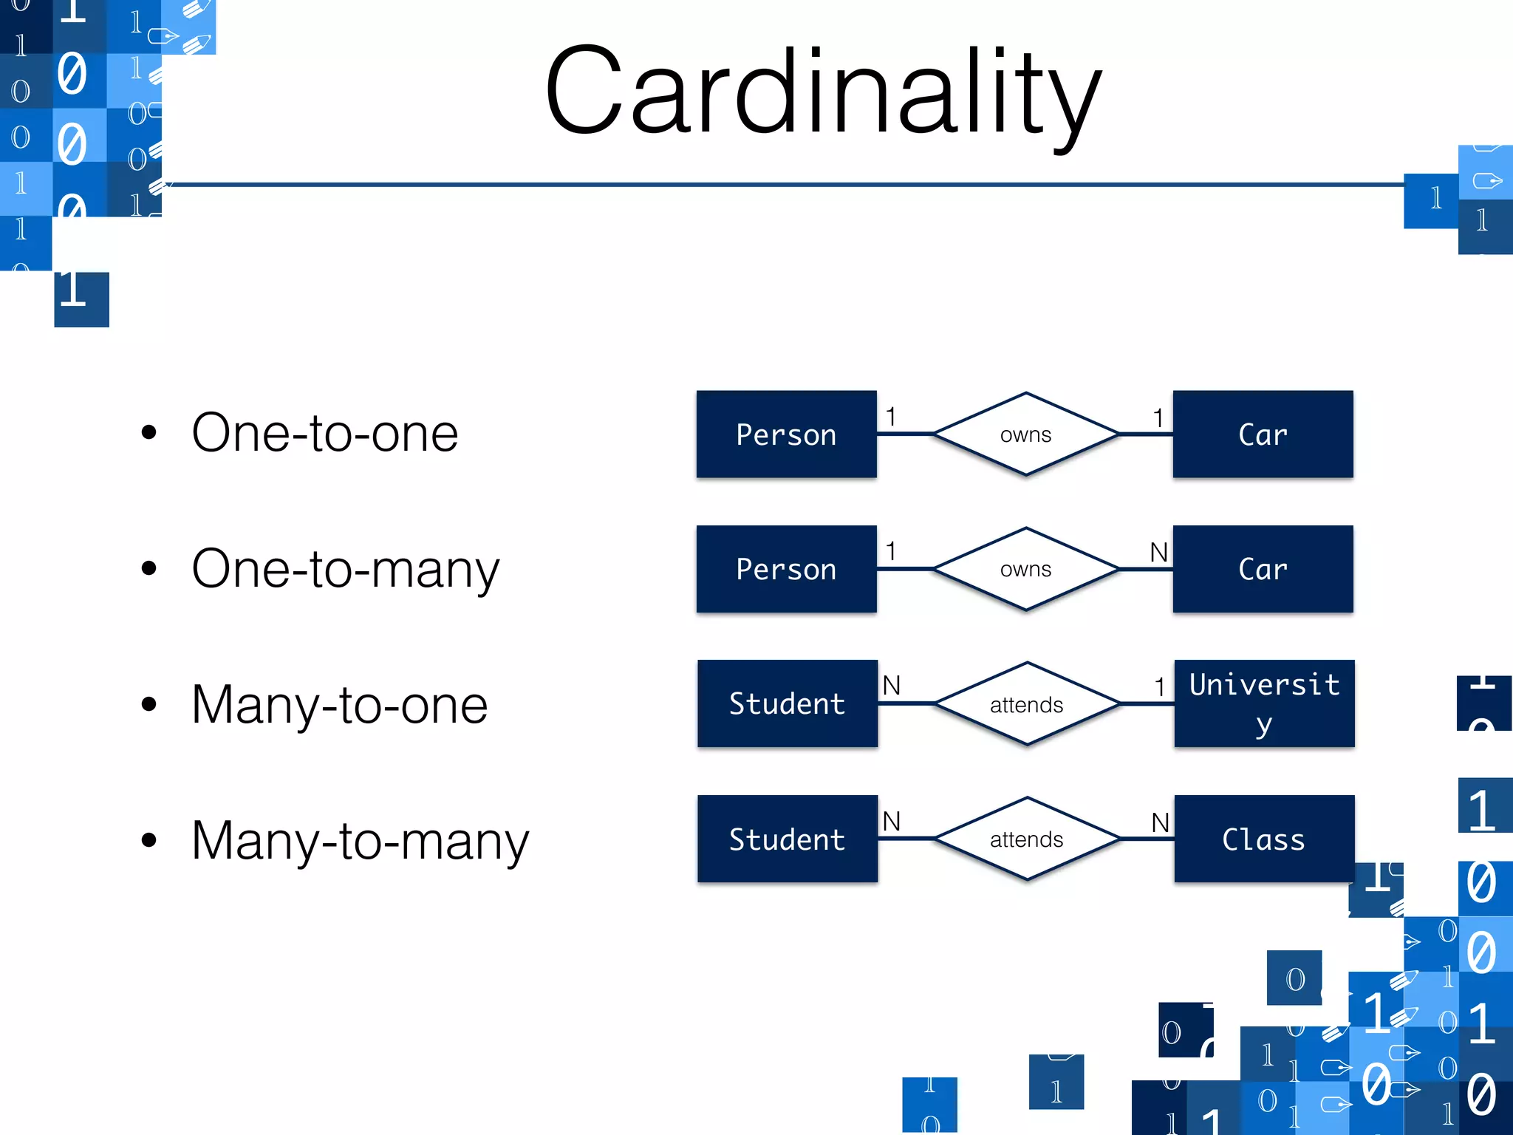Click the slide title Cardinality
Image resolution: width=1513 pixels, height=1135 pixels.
point(822,92)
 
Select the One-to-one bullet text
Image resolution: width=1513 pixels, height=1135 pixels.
point(324,433)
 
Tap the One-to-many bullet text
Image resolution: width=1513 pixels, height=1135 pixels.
point(345,569)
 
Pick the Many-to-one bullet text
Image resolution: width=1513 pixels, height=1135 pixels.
point(339,705)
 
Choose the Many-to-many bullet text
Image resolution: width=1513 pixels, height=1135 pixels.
point(360,841)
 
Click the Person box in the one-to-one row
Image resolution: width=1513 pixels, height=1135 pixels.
point(786,434)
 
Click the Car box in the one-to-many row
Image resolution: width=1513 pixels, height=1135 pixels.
point(1263,569)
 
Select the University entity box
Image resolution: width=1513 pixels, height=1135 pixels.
point(1264,703)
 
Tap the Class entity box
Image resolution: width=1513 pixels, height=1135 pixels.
point(1264,839)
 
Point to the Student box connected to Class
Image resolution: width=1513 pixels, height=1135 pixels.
point(788,839)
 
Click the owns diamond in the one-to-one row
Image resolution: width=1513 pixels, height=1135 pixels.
point(1025,434)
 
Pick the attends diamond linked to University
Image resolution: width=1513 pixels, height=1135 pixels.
point(1026,704)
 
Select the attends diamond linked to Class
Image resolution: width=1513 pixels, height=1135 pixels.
point(1026,839)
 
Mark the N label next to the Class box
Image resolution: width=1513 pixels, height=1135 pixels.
point(1160,822)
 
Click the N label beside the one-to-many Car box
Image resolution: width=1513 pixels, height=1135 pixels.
point(1158,552)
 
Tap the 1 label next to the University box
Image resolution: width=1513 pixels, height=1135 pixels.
point(1160,687)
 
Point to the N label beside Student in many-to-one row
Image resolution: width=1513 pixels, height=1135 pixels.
point(892,686)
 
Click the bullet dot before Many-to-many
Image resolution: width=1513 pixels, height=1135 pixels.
point(149,840)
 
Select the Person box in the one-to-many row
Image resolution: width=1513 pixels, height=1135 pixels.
point(786,569)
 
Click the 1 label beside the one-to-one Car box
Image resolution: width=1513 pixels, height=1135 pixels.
point(1158,418)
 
